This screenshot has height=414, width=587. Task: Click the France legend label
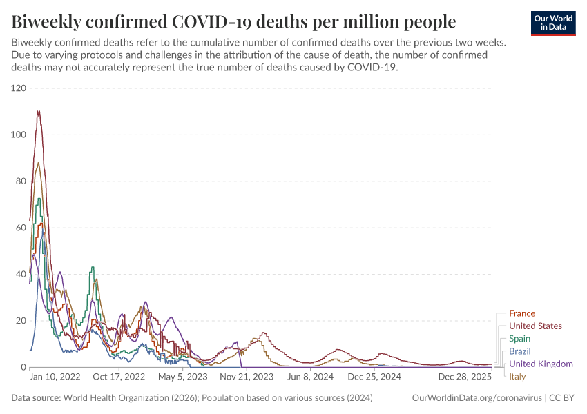521,313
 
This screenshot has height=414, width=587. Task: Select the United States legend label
535,326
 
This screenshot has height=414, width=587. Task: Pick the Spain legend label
519,339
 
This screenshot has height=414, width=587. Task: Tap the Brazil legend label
520,351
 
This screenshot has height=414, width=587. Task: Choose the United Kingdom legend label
541,364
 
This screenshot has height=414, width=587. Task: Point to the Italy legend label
517,377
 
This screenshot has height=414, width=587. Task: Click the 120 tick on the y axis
18,88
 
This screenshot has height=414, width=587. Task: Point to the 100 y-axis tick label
18,135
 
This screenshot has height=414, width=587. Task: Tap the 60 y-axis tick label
21,228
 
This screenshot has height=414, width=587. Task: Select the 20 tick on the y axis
21,321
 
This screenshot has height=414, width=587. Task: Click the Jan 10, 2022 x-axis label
55,377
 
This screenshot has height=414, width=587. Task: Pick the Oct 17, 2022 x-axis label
119,377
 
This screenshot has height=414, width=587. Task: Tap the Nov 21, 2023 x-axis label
246,377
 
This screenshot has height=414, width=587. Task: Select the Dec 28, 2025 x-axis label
464,377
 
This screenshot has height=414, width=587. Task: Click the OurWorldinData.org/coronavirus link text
476,398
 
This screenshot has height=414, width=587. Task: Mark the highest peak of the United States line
38,111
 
